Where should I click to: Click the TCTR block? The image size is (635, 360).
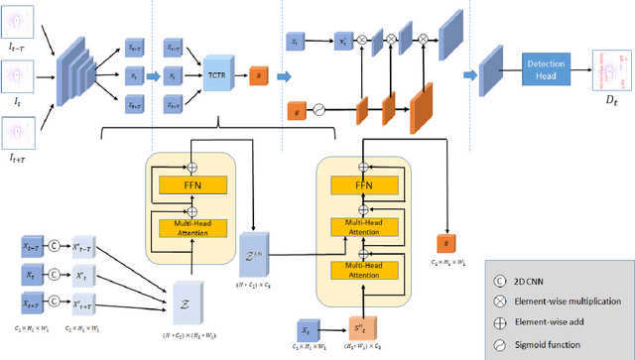[216, 75]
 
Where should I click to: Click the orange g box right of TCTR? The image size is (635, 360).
[259, 74]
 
